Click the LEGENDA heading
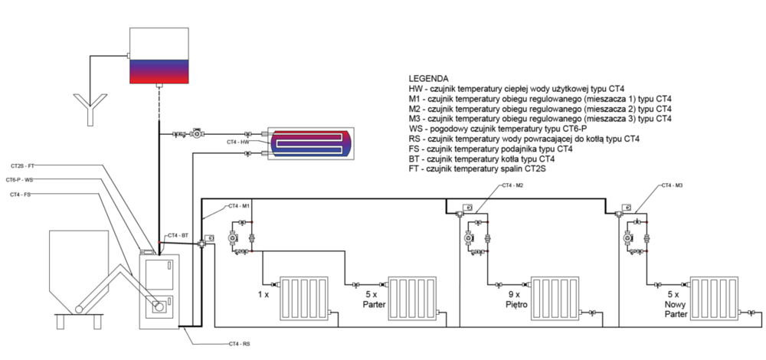(x=428, y=79)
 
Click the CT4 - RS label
(x=240, y=344)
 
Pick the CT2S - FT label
(x=22, y=165)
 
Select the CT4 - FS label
(x=21, y=195)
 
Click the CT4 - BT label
(x=177, y=235)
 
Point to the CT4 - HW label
(x=238, y=142)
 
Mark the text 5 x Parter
(x=372, y=298)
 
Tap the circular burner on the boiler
(x=159, y=309)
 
